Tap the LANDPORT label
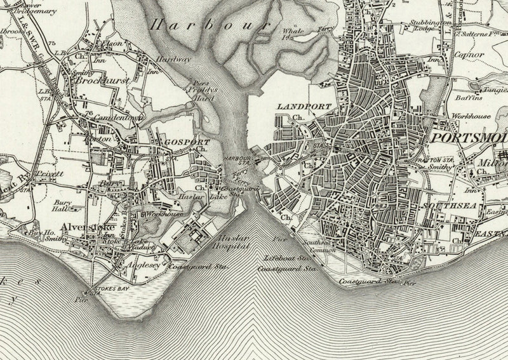pyautogui.click(x=296, y=107)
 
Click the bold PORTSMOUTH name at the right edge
pyautogui.click(x=470, y=138)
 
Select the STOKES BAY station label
pyautogui.click(x=109, y=289)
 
